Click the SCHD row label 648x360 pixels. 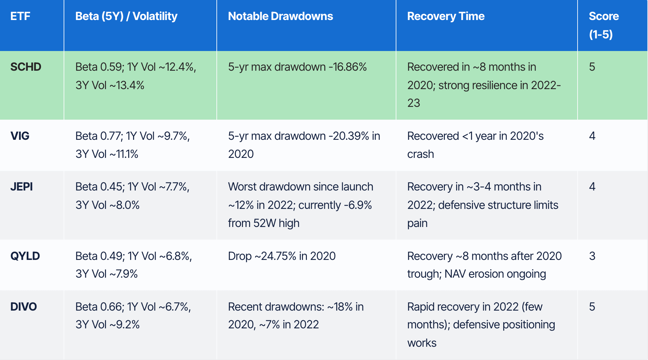pos(26,67)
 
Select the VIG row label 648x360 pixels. pos(20,136)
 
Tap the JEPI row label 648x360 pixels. pos(22,187)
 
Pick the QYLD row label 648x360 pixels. pos(25,256)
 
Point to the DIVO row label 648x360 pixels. pos(24,306)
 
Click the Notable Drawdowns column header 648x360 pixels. pos(280,16)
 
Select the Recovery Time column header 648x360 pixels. pos(446,16)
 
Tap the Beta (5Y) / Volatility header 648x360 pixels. pos(126,16)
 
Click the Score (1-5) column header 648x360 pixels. pos(604,25)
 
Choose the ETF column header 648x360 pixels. pos(20,16)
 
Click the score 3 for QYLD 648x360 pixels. pos(592,256)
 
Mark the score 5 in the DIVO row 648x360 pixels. pos(592,306)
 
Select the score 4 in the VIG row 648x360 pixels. pos(592,136)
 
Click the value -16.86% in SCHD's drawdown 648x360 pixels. pos(348,67)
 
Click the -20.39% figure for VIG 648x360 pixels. pos(349,136)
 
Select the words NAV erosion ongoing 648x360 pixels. pos(495,274)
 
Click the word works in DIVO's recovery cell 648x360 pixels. pos(422,343)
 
